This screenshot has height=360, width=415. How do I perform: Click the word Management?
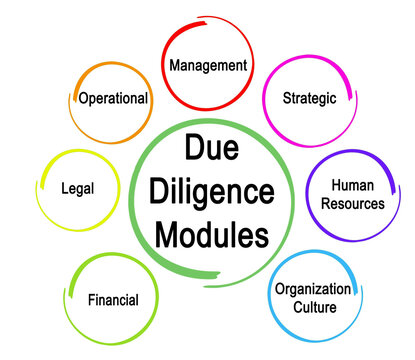(x=208, y=65)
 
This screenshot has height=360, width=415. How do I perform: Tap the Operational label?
(x=114, y=98)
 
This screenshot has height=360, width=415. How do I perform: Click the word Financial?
(x=112, y=299)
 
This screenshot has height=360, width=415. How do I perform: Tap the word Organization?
(x=313, y=289)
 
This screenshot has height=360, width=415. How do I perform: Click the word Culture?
(x=313, y=307)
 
